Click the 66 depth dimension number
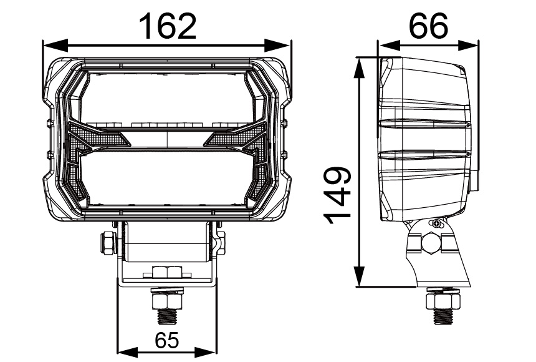pyautogui.click(x=429, y=26)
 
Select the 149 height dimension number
pyautogui.click(x=337, y=192)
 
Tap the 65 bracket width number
pyautogui.click(x=166, y=341)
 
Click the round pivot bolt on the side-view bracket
pyautogui.click(x=431, y=242)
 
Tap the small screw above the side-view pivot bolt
pyautogui.click(x=438, y=224)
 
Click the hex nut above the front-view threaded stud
pyautogui.click(x=167, y=273)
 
